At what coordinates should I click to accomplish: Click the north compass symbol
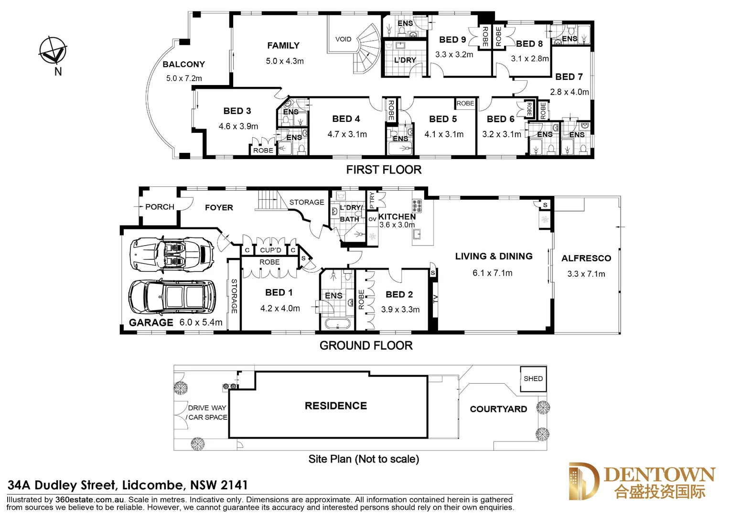[x=53, y=51]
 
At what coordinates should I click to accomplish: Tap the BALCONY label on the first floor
[x=183, y=64]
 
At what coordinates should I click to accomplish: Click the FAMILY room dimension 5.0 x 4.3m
[x=285, y=61]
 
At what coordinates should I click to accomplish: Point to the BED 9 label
[x=452, y=40]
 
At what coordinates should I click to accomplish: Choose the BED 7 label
[x=569, y=77]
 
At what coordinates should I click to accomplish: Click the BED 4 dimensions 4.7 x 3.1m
[x=347, y=135]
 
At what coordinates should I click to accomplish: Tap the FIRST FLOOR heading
[x=384, y=170]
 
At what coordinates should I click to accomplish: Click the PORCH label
[x=160, y=207]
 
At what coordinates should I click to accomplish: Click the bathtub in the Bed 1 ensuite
[x=337, y=324]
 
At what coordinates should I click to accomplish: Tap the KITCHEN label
[x=397, y=216]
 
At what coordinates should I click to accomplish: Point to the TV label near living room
[x=435, y=299]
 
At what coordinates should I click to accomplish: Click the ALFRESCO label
[x=586, y=258]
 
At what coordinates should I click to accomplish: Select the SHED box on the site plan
[x=533, y=379]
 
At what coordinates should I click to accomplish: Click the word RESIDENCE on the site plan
[x=336, y=406]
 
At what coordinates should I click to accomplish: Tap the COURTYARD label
[x=498, y=409]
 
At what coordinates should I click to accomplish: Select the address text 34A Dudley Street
[x=62, y=485]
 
